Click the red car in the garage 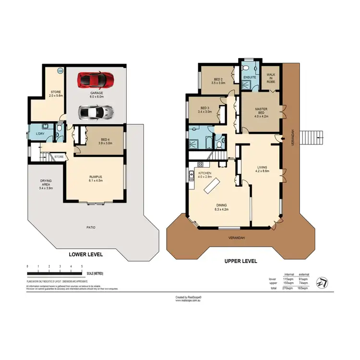[x=96, y=79]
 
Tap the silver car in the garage [x=96, y=112]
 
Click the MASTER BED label [x=261, y=112]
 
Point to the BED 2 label [x=218, y=81]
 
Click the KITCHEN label [x=204, y=174]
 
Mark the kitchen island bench [x=211, y=185]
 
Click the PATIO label [x=90, y=227]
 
